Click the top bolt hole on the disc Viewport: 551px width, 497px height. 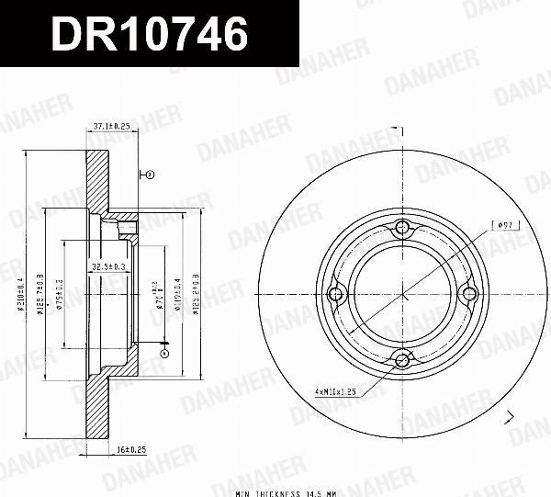[402, 228]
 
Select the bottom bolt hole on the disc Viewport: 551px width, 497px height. [402, 360]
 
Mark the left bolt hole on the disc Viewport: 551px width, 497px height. [336, 294]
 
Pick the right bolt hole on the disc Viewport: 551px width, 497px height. [468, 294]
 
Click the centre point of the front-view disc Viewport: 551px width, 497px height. [402, 294]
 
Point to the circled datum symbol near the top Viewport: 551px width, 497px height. [151, 173]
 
